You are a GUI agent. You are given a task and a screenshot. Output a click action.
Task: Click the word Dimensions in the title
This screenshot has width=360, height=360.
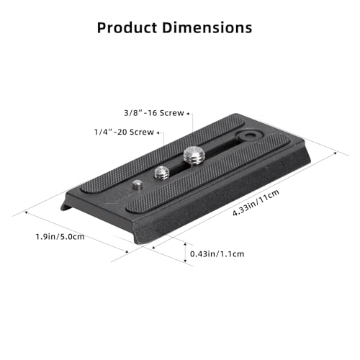point(210,28)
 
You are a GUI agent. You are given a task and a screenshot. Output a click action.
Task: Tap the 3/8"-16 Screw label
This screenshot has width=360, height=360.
point(152,113)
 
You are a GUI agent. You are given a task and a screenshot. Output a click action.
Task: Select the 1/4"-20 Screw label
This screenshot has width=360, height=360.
point(124,132)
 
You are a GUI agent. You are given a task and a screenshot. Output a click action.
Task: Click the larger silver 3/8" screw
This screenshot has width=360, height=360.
point(193,155)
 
